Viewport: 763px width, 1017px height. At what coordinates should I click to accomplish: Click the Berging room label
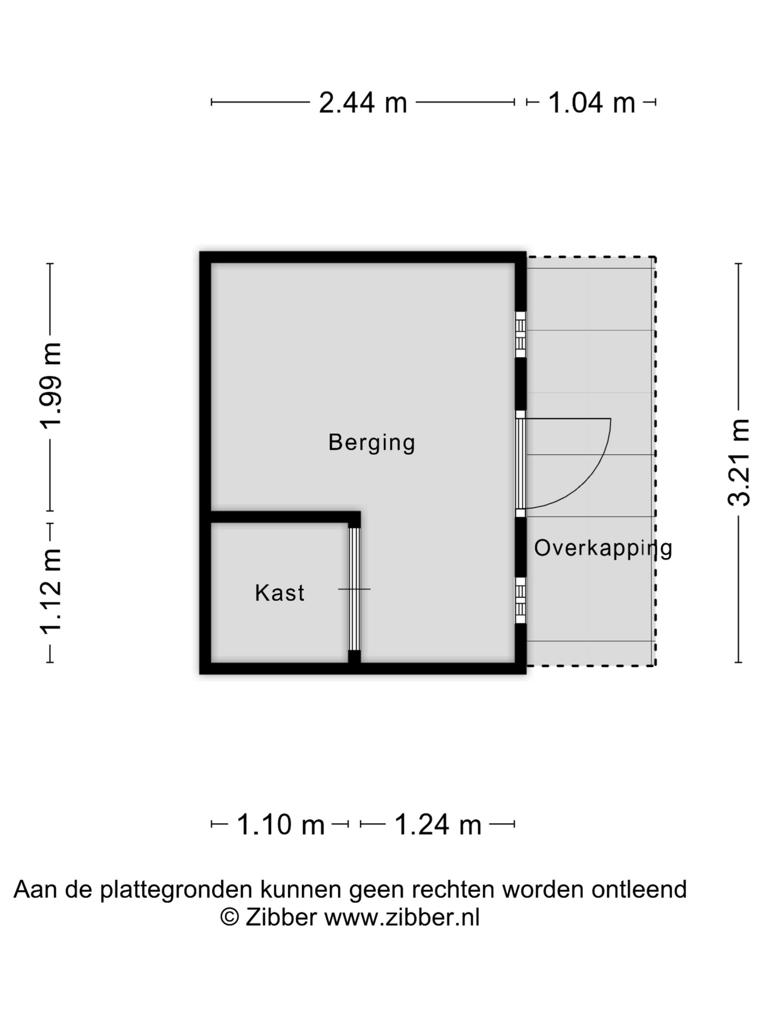click(372, 443)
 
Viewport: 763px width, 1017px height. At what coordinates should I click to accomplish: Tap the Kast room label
click(280, 593)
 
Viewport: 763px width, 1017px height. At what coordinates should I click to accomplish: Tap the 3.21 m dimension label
click(739, 462)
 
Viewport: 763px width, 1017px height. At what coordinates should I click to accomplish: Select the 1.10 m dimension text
click(280, 825)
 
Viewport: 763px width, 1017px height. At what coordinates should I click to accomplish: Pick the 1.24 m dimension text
click(438, 825)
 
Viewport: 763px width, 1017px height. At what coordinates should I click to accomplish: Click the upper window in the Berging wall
click(520, 334)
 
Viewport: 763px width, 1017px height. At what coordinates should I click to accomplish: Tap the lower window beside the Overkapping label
click(520, 600)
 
